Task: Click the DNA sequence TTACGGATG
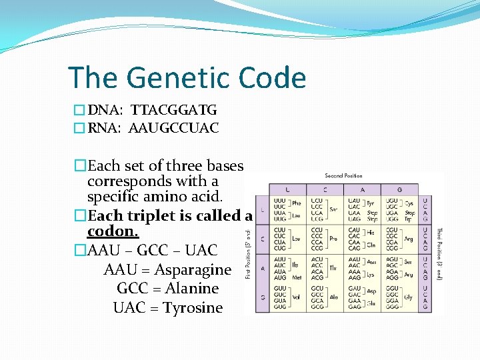coord(174,110)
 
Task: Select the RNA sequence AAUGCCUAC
coord(175,128)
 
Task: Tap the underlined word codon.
coord(113,231)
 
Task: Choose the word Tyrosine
coord(193,308)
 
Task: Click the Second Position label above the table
coord(343,176)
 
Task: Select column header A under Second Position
coord(362,190)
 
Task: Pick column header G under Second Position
coord(399,190)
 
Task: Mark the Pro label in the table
coord(333,238)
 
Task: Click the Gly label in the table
coord(408,298)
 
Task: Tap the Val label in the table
coord(296,298)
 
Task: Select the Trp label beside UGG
coord(409,219)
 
